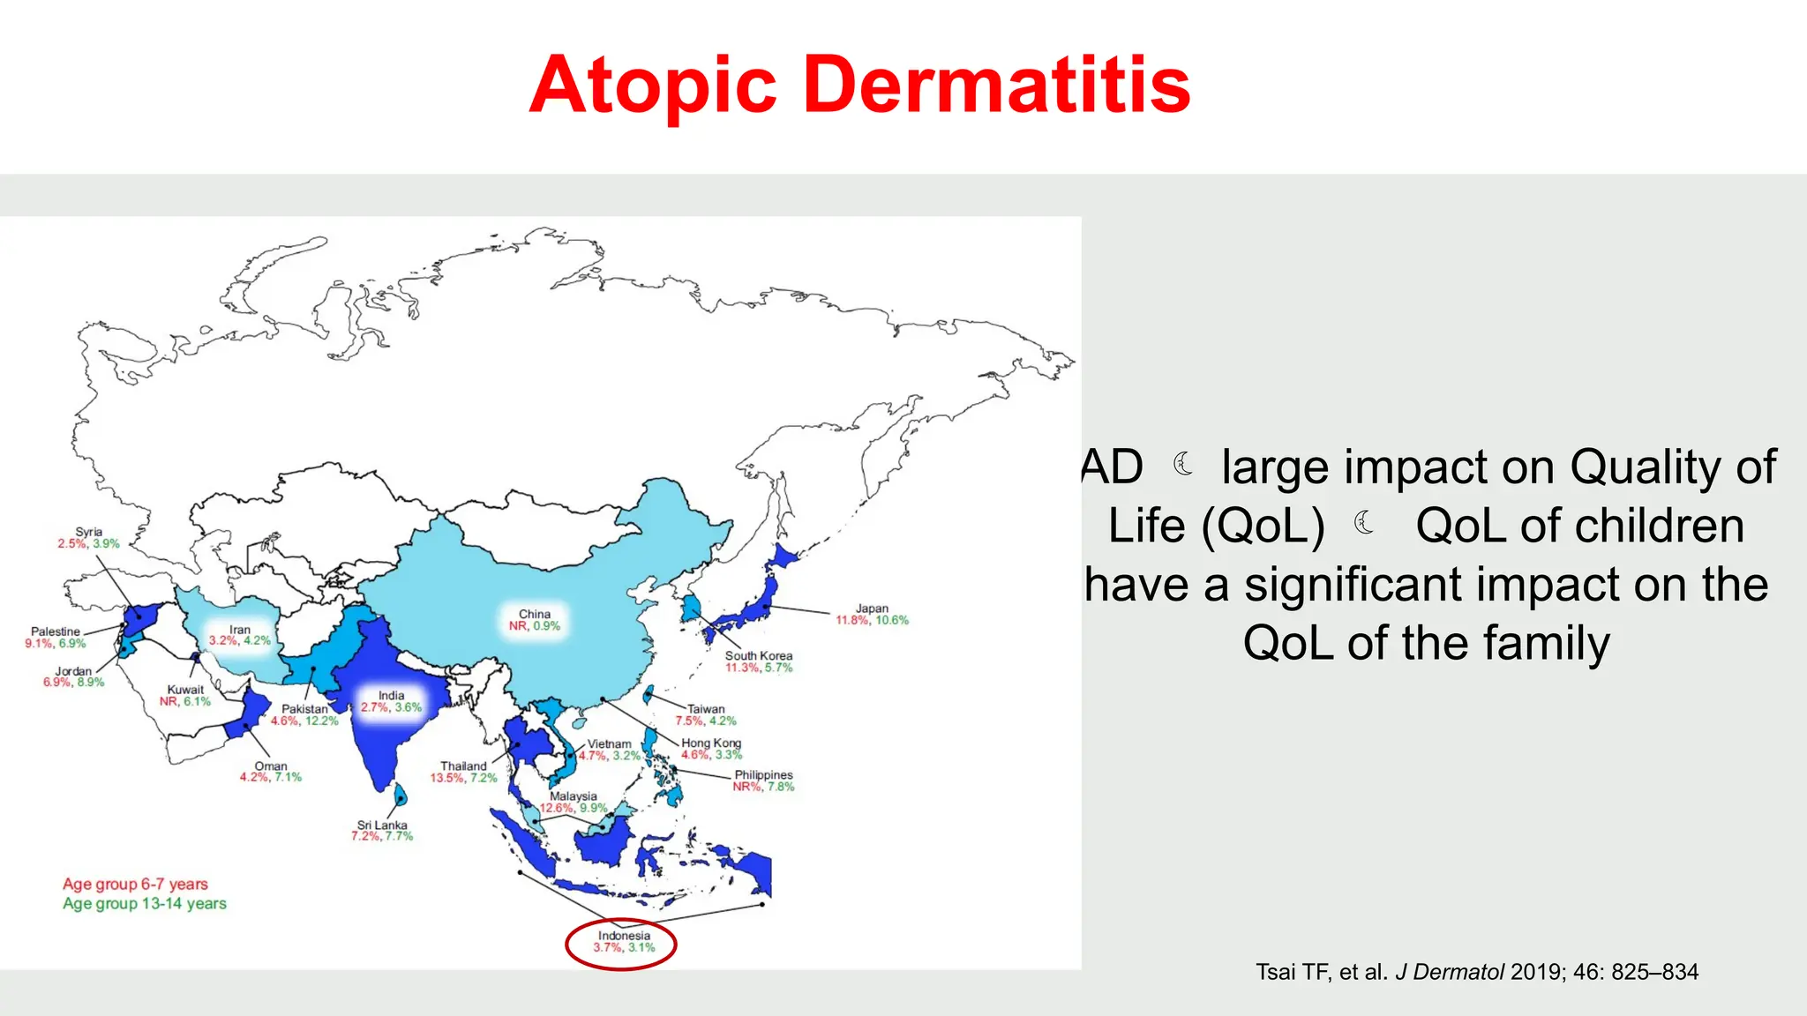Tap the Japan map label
[x=872, y=609]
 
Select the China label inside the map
[x=534, y=614]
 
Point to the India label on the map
[x=391, y=695]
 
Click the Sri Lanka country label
[x=382, y=825]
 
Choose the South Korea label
[x=759, y=655]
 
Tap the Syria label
[x=88, y=532]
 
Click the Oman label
[x=271, y=766]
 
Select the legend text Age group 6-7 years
[x=135, y=884]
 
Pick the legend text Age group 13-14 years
[x=145, y=903]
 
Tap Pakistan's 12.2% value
[x=322, y=721]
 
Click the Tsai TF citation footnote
[x=1476, y=972]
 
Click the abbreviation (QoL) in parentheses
[x=1262, y=527]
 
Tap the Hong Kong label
[x=711, y=743]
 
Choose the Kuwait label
[x=185, y=690]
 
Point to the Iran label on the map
[x=240, y=630]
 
